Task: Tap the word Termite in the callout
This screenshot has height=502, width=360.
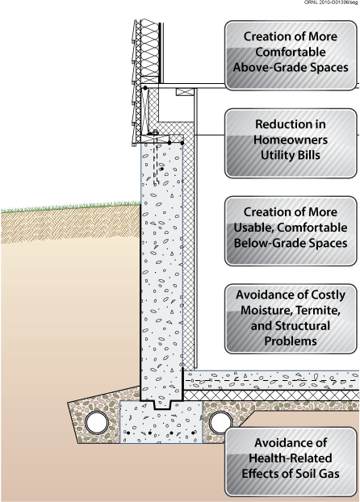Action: (317, 310)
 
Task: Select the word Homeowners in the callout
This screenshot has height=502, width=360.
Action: (291, 140)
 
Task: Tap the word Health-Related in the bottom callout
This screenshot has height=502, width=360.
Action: (290, 458)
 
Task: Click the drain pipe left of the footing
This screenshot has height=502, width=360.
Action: (97, 423)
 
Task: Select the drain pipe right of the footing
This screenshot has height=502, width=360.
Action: (220, 423)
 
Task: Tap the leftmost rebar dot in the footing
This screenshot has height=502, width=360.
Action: (128, 433)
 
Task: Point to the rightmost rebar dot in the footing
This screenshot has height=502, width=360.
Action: (193, 433)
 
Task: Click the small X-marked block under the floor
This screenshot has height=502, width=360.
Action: (185, 92)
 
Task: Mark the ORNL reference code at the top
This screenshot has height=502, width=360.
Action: (331, 2)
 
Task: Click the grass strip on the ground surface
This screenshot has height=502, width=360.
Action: (70, 207)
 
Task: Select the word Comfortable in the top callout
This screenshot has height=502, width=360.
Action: (291, 52)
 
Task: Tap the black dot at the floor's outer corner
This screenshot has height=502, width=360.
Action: (145, 88)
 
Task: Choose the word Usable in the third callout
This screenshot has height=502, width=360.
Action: (253, 228)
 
